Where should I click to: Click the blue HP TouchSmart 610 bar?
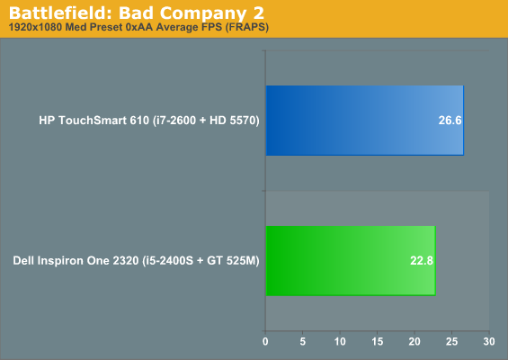(365, 121)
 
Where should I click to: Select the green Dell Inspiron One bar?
(351, 261)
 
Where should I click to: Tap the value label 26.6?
(450, 121)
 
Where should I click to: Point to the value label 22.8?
(422, 261)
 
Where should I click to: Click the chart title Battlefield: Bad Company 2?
(137, 13)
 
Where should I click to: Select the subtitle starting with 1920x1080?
(138, 27)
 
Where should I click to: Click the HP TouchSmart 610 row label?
(149, 121)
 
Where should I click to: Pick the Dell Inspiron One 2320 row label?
(136, 261)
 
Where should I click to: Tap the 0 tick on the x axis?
(265, 341)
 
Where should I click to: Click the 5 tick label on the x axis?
(303, 341)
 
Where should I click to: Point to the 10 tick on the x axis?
(340, 341)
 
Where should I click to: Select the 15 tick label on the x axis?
(378, 341)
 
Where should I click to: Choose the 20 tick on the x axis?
(414, 341)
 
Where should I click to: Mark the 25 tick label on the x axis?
(451, 341)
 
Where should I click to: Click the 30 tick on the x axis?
(489, 341)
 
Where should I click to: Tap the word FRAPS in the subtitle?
(247, 27)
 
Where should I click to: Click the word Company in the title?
(203, 14)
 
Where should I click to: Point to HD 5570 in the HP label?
(233, 121)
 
